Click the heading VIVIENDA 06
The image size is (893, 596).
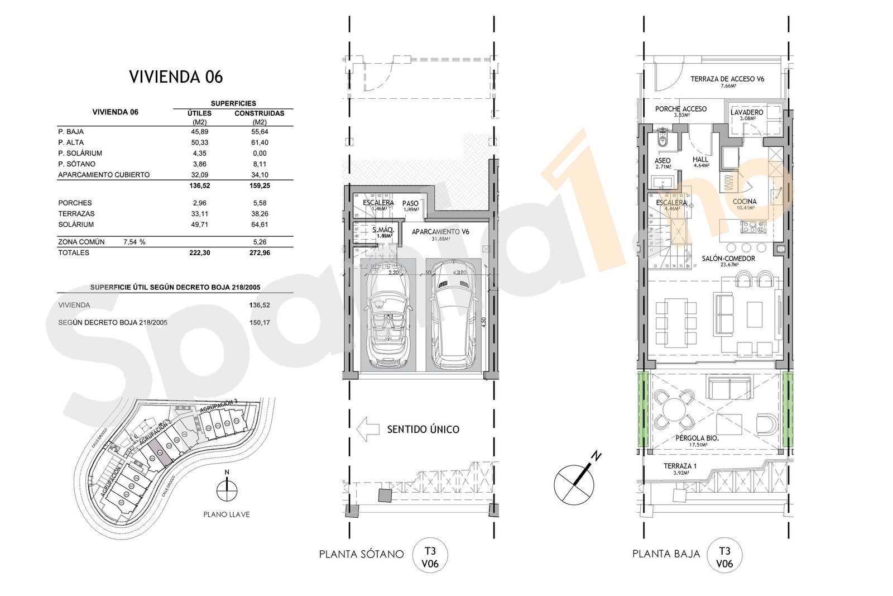(x=176, y=77)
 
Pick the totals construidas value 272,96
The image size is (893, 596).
(x=258, y=252)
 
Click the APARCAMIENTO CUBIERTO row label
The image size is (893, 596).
(x=104, y=175)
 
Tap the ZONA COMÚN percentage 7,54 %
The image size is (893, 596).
(x=134, y=242)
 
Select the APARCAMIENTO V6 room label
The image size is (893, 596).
(x=440, y=232)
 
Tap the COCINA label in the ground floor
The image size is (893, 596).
(x=745, y=202)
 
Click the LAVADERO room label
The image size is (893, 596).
(x=746, y=112)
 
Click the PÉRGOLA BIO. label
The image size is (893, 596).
(x=697, y=438)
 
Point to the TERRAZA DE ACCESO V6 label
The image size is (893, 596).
(x=727, y=79)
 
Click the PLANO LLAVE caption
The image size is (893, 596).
(x=227, y=514)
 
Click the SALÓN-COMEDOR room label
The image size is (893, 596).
(x=729, y=258)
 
